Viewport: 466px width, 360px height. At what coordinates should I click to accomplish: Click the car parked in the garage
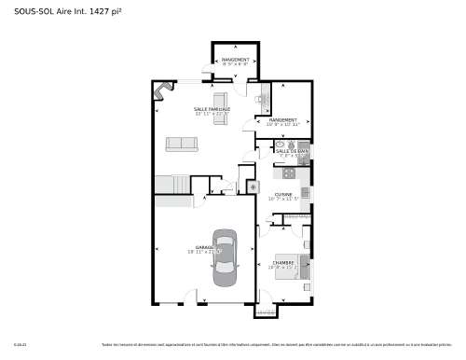coord(226,257)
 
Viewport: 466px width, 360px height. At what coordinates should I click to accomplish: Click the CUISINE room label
coord(283,194)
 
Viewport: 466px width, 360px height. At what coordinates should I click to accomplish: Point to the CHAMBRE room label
coord(283,263)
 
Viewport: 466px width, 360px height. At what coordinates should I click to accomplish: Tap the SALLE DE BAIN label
coord(292,150)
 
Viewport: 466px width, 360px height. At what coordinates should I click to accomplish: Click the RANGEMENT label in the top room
coord(234,60)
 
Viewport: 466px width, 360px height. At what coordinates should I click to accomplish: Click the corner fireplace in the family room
coord(164,90)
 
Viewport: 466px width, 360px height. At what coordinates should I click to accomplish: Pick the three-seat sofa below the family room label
coord(182,144)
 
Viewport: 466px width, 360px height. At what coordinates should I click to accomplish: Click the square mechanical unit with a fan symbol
coord(253,187)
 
